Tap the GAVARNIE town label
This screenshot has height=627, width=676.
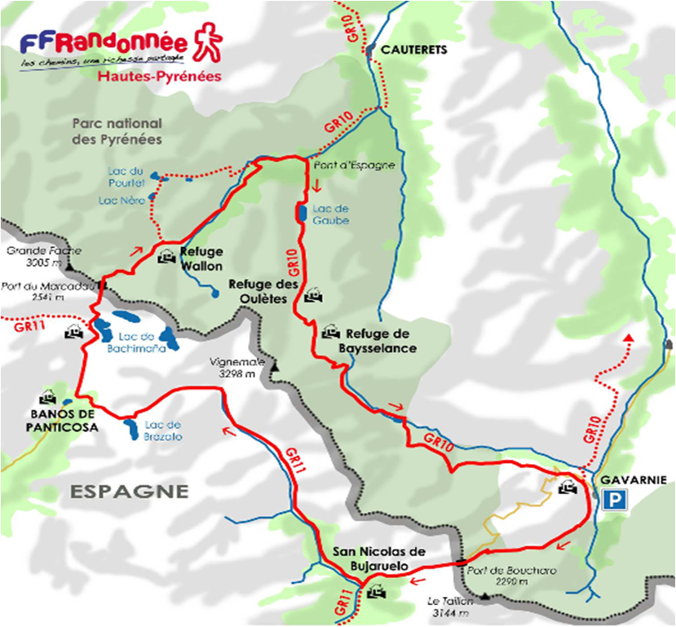[x=628, y=480]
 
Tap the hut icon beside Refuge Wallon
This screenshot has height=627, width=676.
[x=166, y=254]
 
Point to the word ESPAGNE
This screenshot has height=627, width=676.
[x=129, y=492]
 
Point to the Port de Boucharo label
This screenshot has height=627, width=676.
[x=512, y=576]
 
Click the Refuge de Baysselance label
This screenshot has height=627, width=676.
[x=381, y=341]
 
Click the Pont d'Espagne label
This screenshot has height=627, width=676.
[x=354, y=165]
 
